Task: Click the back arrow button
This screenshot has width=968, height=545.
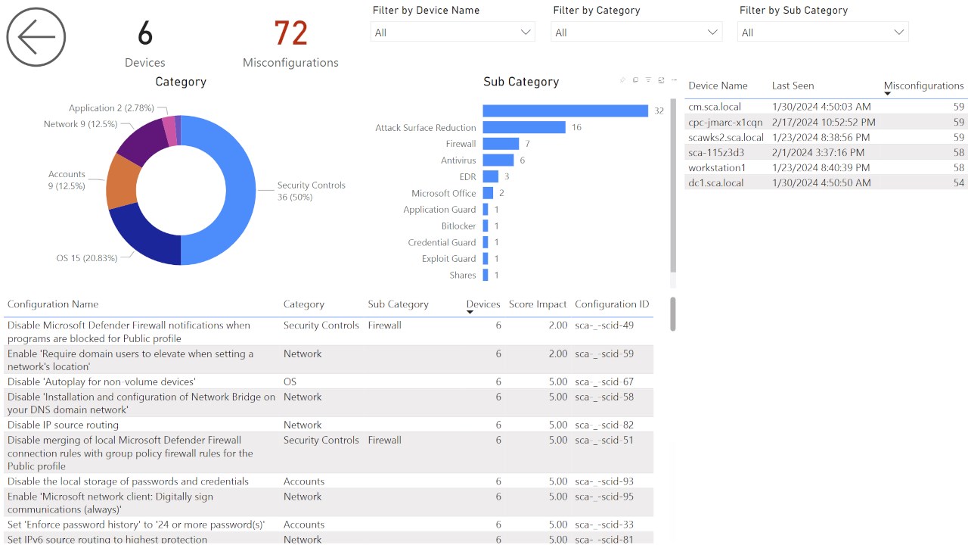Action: [x=36, y=37]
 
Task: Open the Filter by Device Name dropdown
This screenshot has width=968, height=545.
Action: [x=452, y=32]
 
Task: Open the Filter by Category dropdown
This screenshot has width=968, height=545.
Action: [x=636, y=32]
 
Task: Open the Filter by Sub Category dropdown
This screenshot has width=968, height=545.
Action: [x=823, y=32]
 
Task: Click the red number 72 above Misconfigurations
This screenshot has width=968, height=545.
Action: [x=290, y=34]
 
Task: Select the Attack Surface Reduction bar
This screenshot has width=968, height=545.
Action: [x=524, y=127]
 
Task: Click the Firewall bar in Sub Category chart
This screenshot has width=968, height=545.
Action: [x=501, y=144]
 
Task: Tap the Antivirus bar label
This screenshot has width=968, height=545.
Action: [x=458, y=160]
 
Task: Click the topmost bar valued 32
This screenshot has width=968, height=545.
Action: [x=565, y=111]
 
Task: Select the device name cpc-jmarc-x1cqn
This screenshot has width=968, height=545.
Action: [x=725, y=122]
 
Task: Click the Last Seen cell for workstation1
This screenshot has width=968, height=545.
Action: [x=821, y=167]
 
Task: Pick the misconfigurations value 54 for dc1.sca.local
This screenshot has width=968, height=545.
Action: [x=958, y=182]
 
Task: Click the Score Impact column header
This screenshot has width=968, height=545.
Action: [x=537, y=304]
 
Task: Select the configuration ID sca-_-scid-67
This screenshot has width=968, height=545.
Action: [x=603, y=381]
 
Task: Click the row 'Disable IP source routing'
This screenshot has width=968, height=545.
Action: [x=63, y=425]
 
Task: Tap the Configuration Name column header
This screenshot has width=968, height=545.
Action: [x=53, y=304]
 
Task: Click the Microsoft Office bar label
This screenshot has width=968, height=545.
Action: [x=443, y=193]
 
